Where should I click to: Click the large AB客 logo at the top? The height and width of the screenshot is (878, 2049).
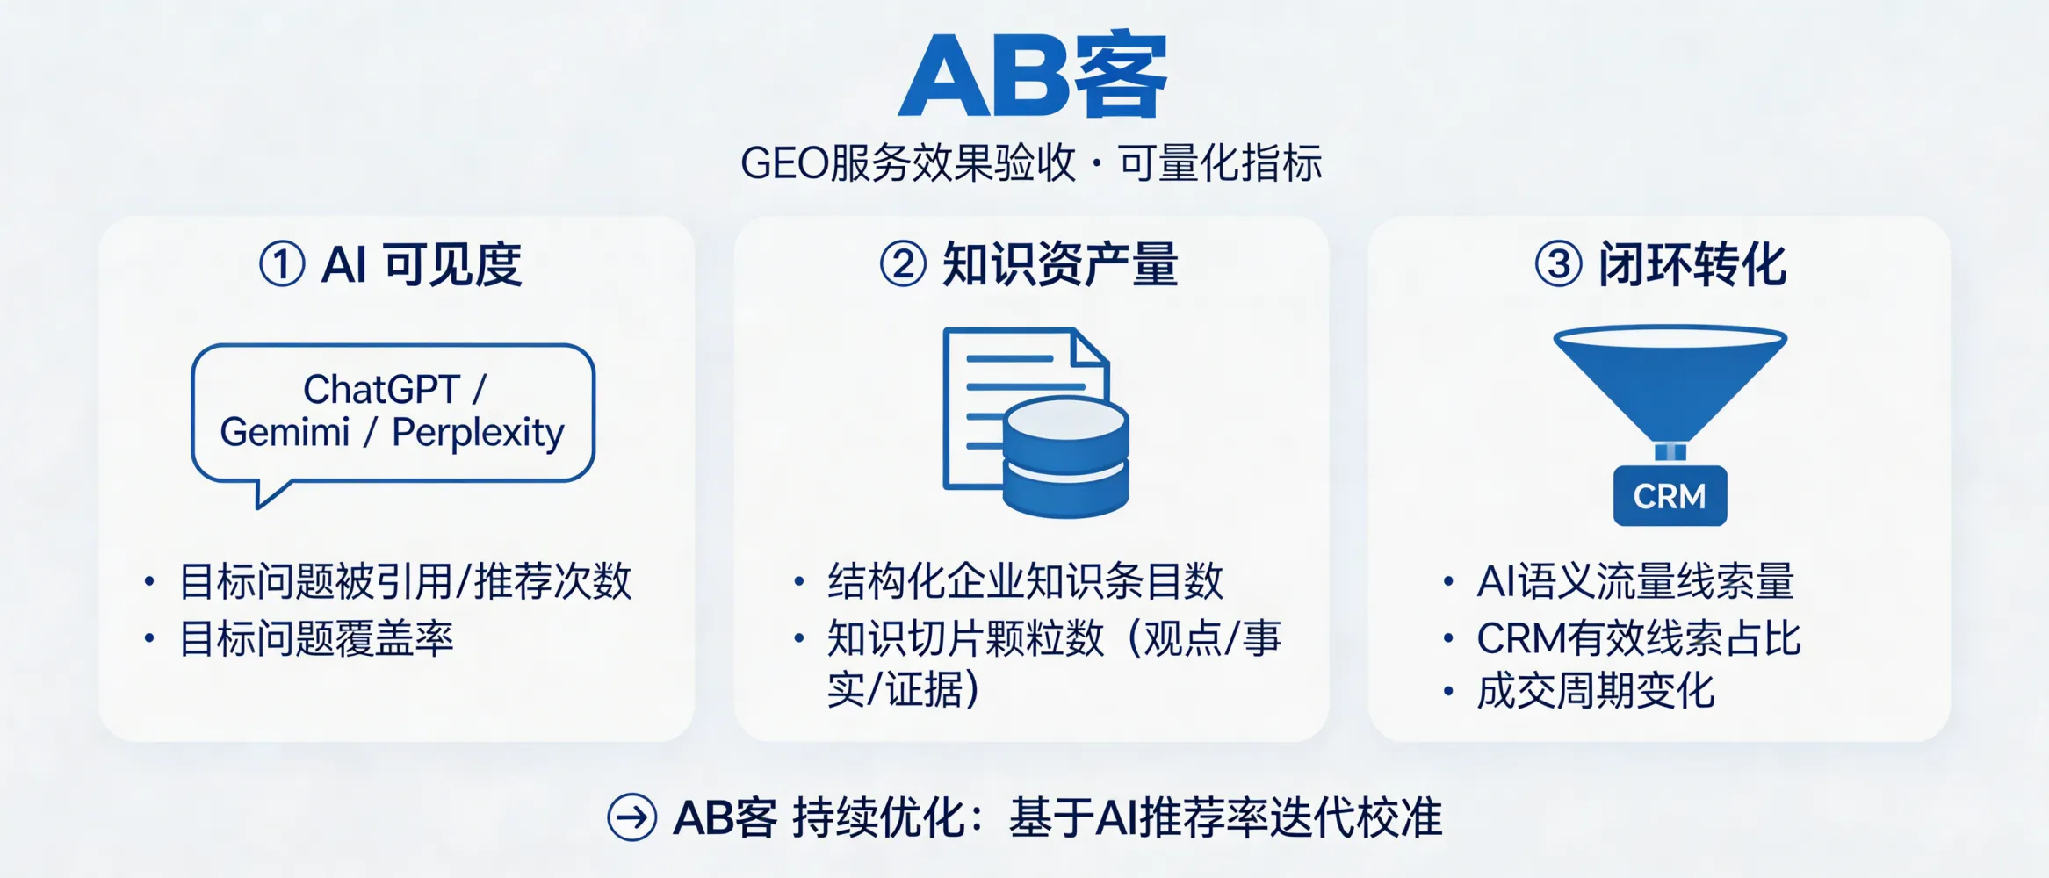1032,76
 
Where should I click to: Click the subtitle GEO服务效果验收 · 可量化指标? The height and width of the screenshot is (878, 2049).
1031,163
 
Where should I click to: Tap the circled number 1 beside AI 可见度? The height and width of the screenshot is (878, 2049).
282,264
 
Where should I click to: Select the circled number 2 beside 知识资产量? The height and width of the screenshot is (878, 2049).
903,264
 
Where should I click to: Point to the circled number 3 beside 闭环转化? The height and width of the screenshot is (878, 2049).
1558,264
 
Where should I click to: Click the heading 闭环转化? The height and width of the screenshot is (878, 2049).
1692,264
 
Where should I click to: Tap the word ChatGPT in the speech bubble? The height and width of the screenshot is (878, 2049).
381,389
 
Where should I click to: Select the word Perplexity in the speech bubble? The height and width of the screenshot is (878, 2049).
478,433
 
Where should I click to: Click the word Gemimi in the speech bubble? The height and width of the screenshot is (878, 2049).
285,433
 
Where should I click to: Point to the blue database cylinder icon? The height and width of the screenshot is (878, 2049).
1065,457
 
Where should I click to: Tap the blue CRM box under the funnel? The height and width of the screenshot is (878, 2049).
1670,496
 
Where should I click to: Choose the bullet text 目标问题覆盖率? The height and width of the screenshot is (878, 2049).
316,638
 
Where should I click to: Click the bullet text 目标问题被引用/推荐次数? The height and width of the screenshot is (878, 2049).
405,581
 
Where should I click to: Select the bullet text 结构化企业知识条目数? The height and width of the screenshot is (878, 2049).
1025,581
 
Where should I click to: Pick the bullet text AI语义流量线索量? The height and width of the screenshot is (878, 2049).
1635,581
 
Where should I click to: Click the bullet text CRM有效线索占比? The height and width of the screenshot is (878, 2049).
1639,638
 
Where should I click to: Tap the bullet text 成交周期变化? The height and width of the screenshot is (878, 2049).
1595,692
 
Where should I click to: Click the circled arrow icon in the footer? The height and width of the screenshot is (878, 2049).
631,817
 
